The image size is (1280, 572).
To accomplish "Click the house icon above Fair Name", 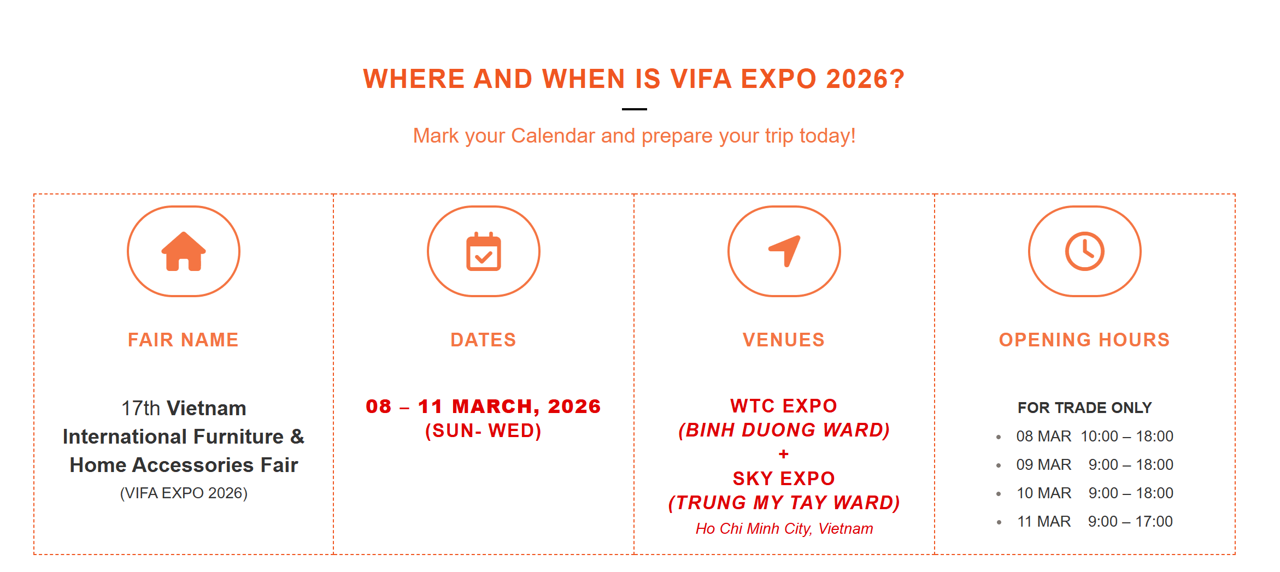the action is [184, 251].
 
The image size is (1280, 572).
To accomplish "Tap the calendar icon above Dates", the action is [484, 251].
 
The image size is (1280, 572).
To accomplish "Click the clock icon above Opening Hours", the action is [1085, 251].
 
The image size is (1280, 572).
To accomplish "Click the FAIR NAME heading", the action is [183, 340].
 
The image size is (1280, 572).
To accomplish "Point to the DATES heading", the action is [484, 340].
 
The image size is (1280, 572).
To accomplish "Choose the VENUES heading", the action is [784, 340].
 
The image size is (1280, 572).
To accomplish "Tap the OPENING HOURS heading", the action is [1084, 340].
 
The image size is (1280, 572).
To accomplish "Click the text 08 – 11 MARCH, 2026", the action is [483, 406].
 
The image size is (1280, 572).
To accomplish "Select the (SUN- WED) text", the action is [483, 431].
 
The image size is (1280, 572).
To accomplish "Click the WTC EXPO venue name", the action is [784, 406].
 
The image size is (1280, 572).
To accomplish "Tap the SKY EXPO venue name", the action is [784, 479].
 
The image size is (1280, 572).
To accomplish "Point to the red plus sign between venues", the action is [784, 454].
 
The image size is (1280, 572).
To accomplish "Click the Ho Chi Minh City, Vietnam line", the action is [784, 529].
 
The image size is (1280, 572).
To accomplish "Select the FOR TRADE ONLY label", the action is [1085, 408].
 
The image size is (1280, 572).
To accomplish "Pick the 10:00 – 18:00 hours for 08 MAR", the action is [1127, 436].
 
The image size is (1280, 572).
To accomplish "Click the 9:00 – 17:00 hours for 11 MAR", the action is [1130, 521].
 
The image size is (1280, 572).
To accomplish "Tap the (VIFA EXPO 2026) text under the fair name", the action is [184, 493].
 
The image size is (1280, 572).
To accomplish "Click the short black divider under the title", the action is [635, 109].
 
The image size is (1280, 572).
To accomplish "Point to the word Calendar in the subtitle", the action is [553, 135].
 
